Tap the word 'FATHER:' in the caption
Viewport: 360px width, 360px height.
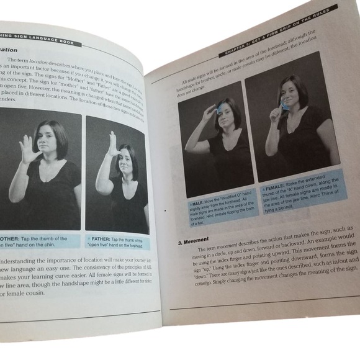click(104, 239)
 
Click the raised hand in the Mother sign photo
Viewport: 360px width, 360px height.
click(29, 150)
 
